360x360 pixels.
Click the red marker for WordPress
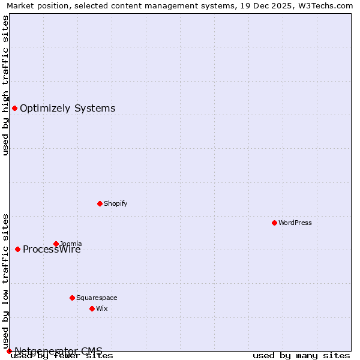pos(274,223)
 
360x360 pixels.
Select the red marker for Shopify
pos(100,203)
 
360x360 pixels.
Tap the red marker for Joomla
pos(56,244)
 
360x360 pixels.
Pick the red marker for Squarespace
pos(72,298)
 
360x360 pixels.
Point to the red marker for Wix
pos(92,308)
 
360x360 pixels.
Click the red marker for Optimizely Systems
pos(14,108)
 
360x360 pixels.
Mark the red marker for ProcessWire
pos(17,249)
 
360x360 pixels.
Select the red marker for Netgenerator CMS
pos(9,351)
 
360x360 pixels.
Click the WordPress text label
pos(295,223)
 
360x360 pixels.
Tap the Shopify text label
pos(116,203)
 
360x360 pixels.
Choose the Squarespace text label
pos(97,298)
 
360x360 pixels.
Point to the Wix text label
pos(102,308)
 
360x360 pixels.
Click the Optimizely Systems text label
pos(68,108)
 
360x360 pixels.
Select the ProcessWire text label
pos(52,250)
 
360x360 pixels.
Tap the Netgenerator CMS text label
pos(58,350)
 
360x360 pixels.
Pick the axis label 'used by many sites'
pos(301,355)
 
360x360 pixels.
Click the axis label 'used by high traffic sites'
pos(6,85)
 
